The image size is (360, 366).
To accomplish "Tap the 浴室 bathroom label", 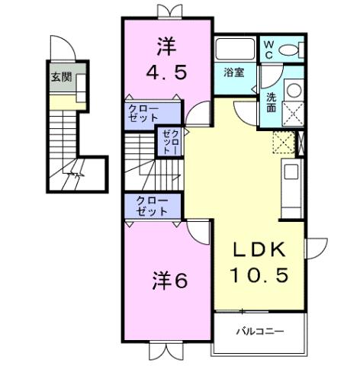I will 233,72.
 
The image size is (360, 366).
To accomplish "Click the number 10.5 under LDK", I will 260,275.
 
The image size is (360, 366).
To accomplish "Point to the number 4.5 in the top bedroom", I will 166,74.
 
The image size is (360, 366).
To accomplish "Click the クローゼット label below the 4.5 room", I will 143,115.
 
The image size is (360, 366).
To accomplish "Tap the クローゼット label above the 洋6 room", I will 153,206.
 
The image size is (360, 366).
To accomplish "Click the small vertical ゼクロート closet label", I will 169,141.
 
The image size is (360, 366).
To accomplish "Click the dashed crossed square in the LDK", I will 282,141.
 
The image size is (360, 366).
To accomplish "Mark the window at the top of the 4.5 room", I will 166,11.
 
